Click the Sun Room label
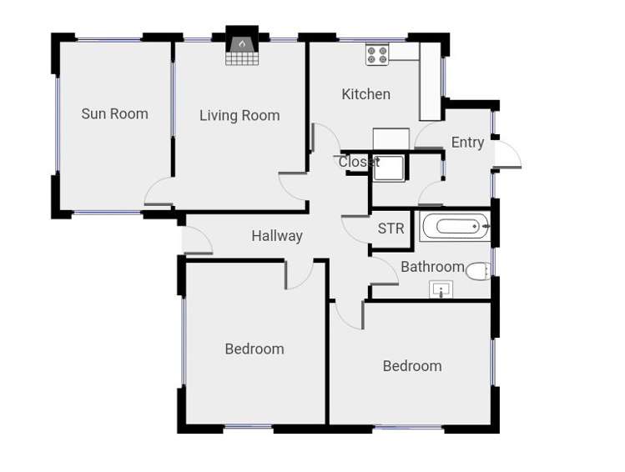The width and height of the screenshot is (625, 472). coord(114,114)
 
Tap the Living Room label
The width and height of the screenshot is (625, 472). coord(239,116)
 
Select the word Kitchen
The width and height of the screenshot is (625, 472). coord(365,94)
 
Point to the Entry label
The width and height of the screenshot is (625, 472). coord(467,143)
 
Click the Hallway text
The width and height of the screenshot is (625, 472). coord(277,236)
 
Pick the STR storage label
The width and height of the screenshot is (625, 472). coord(391,228)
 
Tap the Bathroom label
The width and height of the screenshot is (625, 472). coord(432,267)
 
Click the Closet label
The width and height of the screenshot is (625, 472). coord(358,162)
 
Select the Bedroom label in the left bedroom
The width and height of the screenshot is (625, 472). coord(255,349)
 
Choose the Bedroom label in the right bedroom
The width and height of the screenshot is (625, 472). coord(412,366)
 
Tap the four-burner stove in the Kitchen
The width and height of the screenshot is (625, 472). coord(377,54)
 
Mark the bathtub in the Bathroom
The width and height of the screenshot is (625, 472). coord(455,226)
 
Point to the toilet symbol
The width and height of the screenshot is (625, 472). coord(477,271)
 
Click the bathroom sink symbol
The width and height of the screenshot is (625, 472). coord(441,289)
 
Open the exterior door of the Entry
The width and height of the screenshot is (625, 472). coord(507,154)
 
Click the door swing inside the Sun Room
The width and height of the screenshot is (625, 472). coord(158,193)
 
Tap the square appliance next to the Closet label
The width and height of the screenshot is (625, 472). coord(390,168)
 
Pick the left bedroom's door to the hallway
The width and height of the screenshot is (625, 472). coord(298,274)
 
